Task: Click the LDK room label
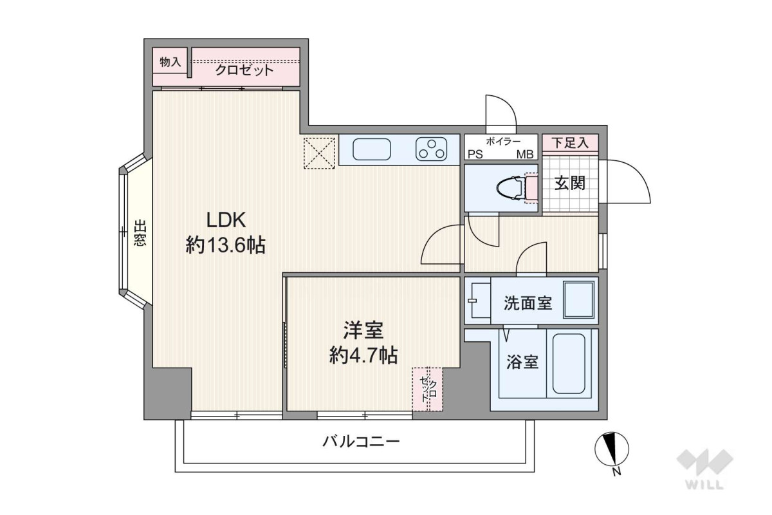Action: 226,220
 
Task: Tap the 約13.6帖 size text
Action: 226,245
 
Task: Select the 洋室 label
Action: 363,330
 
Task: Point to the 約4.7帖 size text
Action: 363,355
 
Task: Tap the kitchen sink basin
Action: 372,149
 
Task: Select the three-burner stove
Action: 432,149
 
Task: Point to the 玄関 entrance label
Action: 570,183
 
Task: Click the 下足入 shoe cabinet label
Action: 570,142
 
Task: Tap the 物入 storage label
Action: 170,62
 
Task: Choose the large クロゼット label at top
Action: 244,70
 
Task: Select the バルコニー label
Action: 361,441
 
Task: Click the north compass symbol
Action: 612,449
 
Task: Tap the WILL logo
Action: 705,469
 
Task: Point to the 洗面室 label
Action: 528,303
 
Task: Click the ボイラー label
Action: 503,141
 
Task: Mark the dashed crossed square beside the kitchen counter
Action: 319,153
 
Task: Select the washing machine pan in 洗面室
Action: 578,300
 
